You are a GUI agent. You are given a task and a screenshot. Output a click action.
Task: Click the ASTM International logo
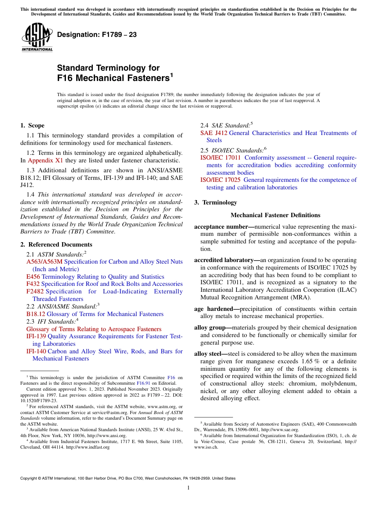pos(37,37)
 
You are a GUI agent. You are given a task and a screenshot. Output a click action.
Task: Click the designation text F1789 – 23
pos(97,35)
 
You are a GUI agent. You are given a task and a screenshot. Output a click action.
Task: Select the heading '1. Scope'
pos(32,125)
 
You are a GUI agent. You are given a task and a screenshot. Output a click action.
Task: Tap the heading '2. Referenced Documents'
pos(56,245)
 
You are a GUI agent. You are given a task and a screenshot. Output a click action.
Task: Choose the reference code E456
pos(33,277)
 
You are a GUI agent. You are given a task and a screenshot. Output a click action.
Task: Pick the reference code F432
pos(33,284)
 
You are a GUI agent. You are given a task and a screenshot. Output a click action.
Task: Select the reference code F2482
pos(35,291)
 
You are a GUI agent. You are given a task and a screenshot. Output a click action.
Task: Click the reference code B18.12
pos(35,314)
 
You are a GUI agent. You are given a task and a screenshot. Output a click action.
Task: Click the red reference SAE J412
pos(214,133)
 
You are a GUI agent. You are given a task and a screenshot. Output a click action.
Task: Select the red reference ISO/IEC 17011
pos(220,158)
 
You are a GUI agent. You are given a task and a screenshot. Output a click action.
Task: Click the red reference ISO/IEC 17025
pos(220,180)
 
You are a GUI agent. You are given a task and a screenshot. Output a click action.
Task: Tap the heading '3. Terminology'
pos(215,202)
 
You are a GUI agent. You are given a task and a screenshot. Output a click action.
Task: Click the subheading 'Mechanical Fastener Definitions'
pos(275,215)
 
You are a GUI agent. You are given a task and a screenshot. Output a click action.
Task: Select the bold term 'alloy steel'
pos(209,354)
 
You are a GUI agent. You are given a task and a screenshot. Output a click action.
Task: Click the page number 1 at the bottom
pos(188,488)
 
